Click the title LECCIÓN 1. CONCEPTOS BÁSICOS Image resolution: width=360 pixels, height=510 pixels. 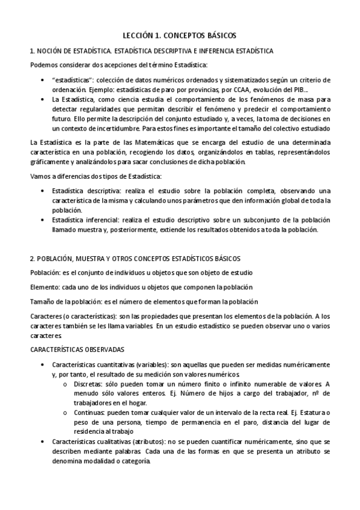[180, 35]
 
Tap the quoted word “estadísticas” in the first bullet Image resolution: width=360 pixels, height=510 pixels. [72, 80]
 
